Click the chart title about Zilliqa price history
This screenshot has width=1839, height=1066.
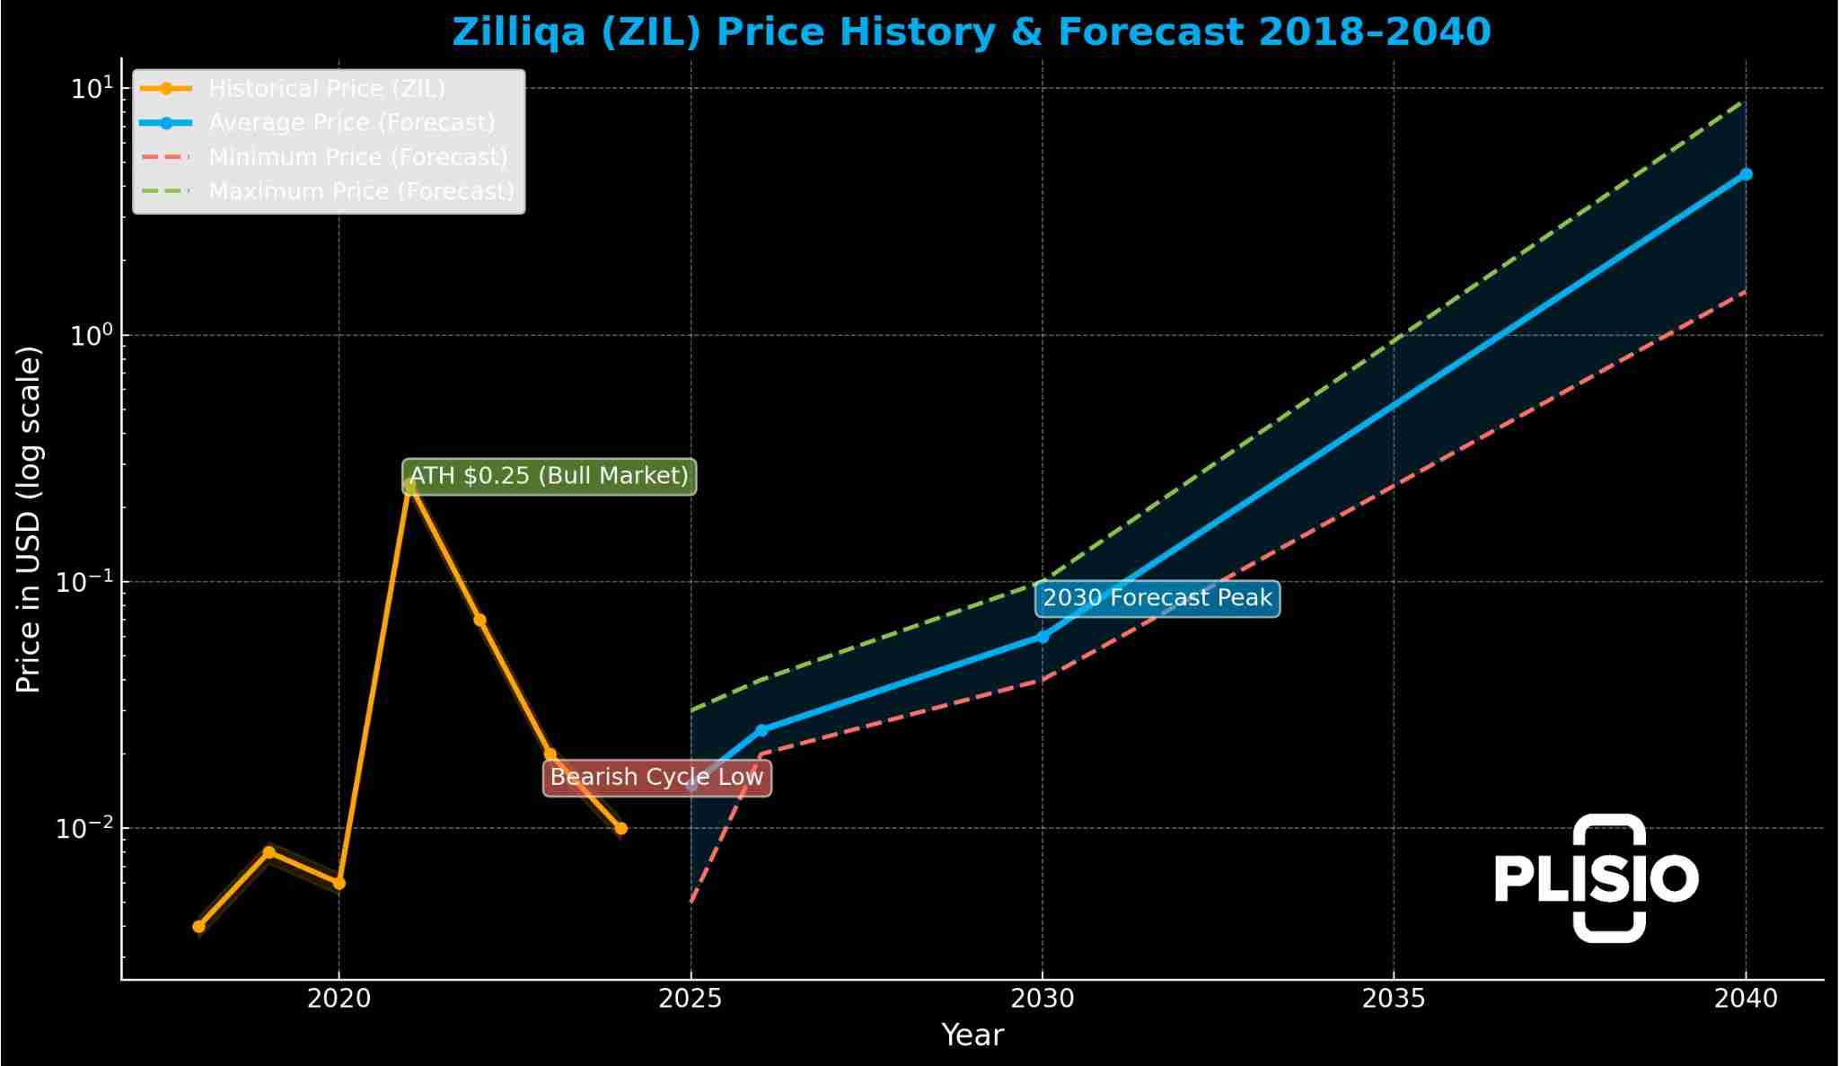tap(971, 32)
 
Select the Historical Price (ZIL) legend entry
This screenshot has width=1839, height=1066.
tap(327, 89)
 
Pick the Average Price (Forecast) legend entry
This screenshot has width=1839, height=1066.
tap(351, 123)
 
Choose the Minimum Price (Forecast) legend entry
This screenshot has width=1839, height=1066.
tap(357, 157)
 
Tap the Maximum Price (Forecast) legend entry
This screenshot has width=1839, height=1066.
tap(361, 191)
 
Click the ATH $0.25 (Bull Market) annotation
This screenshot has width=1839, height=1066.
tap(549, 476)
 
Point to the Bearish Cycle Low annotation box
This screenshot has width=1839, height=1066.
tap(656, 777)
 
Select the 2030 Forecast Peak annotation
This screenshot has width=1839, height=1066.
tap(1157, 598)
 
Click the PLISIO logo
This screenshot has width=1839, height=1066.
tap(1597, 877)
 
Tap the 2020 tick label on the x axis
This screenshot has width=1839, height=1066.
tap(339, 999)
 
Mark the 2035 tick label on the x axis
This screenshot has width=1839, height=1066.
tap(1394, 999)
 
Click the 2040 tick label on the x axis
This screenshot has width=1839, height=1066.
tap(1745, 999)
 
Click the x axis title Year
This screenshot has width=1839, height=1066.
tap(972, 1035)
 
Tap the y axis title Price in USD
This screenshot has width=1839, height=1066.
tap(29, 519)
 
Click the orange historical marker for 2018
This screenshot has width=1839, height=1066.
tap(198, 926)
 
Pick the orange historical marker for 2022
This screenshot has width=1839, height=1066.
tap(480, 620)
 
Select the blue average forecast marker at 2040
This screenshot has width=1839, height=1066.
tap(1746, 174)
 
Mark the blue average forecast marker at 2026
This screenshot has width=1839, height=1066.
tap(761, 730)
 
